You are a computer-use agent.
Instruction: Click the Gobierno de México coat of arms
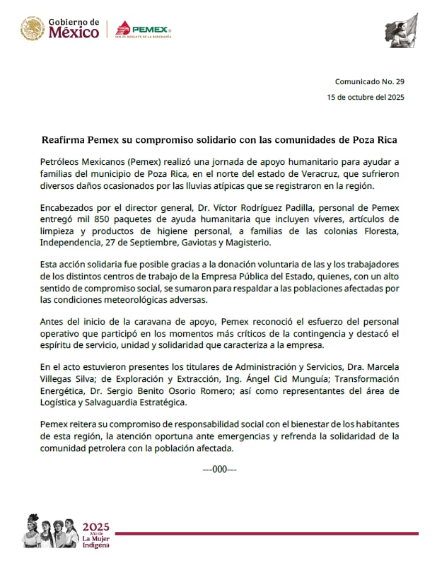coord(33,30)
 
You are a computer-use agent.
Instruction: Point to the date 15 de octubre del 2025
coord(365,97)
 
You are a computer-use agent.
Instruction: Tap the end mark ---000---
coord(219,468)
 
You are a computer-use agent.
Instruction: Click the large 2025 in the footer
coord(96,528)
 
